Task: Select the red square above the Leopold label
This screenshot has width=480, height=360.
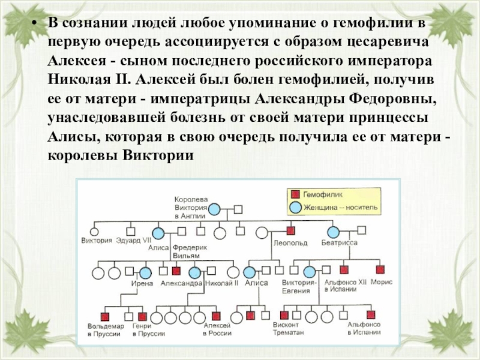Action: pyautogui.click(x=290, y=230)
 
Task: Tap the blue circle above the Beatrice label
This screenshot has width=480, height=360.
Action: pyautogui.click(x=334, y=232)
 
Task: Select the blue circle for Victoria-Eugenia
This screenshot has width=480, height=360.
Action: pyautogui.click(x=309, y=272)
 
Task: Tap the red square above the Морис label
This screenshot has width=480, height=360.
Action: pyautogui.click(x=380, y=270)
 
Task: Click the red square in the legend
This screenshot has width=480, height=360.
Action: pyautogui.click(x=295, y=195)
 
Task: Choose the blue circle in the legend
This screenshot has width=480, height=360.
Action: pyautogui.click(x=295, y=207)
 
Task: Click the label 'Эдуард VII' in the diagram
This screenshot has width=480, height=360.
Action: pyautogui.click(x=133, y=241)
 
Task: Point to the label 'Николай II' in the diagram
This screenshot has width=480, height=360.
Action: pyautogui.click(x=222, y=283)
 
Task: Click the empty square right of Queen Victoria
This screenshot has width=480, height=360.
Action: pyautogui.click(x=238, y=209)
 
